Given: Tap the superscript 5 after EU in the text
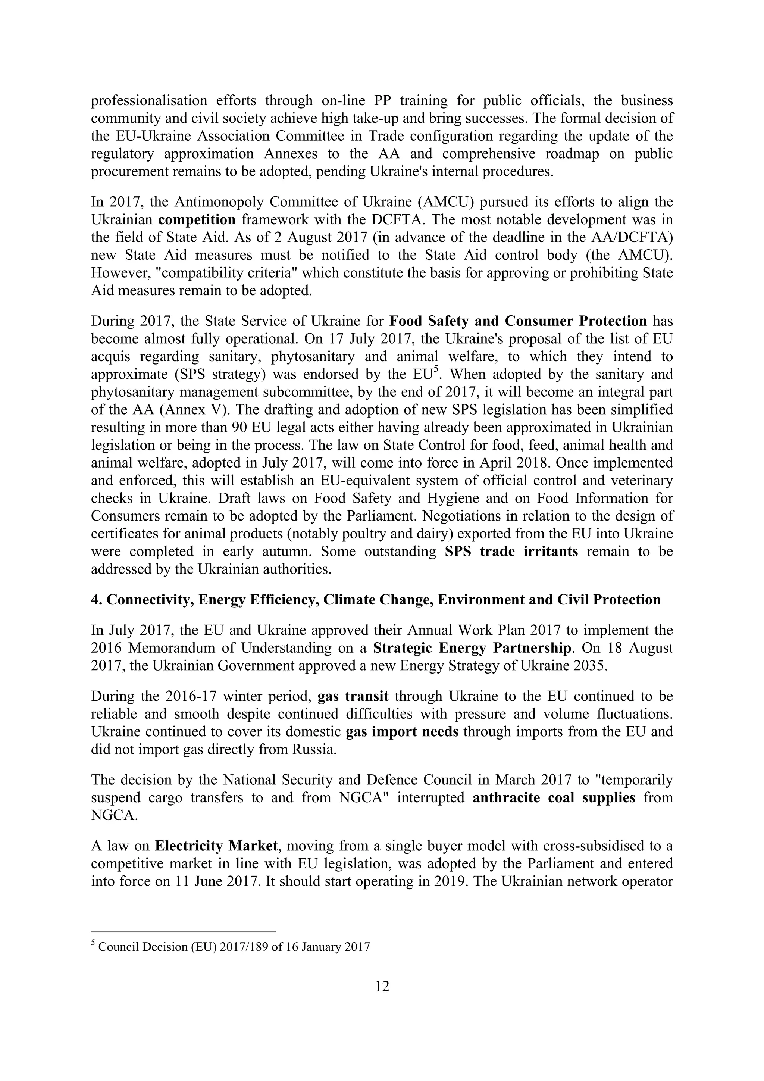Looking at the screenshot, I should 436,369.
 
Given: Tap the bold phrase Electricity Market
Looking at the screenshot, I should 216,846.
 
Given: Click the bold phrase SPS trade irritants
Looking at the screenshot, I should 511,552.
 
